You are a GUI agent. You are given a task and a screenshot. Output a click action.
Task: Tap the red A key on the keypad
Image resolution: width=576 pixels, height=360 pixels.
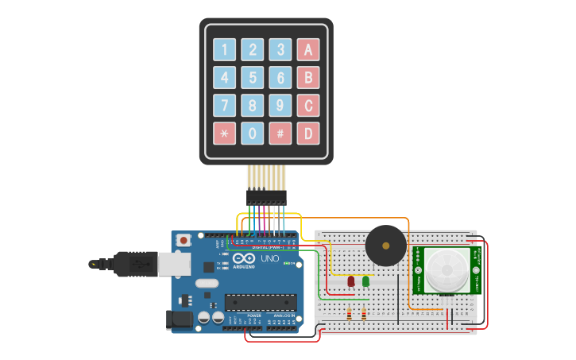(x=308, y=50)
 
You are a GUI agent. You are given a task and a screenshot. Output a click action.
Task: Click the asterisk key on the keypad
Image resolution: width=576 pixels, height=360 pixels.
(x=224, y=133)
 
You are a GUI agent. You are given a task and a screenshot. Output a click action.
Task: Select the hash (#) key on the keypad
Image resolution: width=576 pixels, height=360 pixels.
(x=280, y=133)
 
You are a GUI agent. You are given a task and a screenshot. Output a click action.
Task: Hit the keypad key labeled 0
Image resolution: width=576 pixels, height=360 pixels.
(x=252, y=133)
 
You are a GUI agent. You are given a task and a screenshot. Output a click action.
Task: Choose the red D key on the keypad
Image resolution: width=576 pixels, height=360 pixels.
(x=308, y=133)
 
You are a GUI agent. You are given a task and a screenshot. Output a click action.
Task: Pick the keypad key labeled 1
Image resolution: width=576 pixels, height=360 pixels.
(x=224, y=50)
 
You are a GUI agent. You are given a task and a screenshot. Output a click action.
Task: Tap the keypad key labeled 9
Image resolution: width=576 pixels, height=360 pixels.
(x=280, y=105)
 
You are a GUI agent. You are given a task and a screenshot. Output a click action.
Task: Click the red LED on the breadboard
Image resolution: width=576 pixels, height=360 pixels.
(x=351, y=281)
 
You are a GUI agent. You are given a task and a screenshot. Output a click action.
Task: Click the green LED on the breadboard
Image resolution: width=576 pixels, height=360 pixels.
(x=365, y=281)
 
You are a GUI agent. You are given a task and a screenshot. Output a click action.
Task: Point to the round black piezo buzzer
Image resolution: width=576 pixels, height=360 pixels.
(x=386, y=246)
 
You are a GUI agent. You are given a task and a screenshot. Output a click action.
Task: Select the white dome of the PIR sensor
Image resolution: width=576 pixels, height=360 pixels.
(x=446, y=269)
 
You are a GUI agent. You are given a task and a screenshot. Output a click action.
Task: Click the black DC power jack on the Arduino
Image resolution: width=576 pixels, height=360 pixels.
(x=179, y=319)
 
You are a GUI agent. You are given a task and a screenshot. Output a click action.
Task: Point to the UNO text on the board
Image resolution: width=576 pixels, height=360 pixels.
(x=270, y=258)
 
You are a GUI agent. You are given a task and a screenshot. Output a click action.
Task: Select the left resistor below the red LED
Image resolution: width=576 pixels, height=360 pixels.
(x=350, y=315)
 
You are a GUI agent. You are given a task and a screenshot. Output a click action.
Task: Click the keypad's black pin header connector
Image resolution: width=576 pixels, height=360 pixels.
(x=265, y=195)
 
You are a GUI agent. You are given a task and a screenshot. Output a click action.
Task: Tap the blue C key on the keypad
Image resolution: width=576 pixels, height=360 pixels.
(x=308, y=105)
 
